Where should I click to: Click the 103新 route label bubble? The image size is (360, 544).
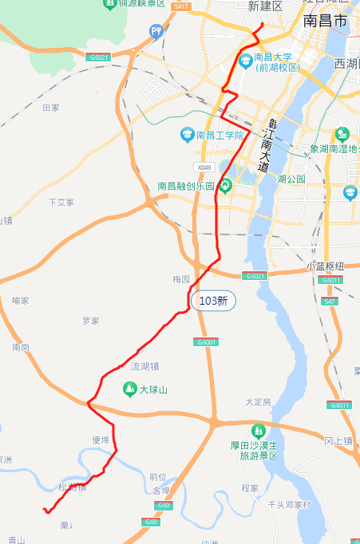tap(213, 301)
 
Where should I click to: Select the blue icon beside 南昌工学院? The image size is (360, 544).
tap(187, 135)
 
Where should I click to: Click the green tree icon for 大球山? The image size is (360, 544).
tap(129, 389)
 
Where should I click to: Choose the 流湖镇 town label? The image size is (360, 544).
tap(144, 367)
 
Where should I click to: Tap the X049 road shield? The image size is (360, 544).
tap(204, 168)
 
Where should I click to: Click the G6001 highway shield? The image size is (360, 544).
tap(206, 342)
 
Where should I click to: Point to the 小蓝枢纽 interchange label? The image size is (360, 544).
tap(325, 266)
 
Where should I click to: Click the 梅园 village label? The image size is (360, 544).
tap(181, 280)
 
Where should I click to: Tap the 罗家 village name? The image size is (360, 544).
tap(90, 321)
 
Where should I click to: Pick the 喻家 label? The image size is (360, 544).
tap(21, 301)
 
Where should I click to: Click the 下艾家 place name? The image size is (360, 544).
tap(61, 203)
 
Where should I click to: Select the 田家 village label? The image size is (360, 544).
tap(51, 107)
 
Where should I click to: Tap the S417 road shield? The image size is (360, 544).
tap(181, 6)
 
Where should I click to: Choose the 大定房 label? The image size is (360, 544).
tap(258, 401)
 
